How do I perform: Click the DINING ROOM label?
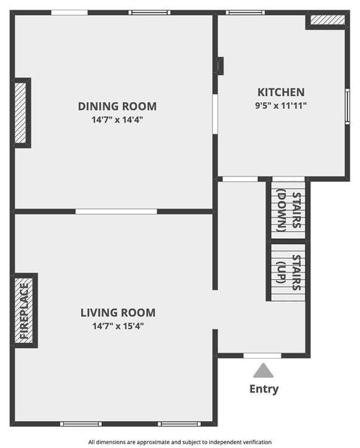(x=117, y=107)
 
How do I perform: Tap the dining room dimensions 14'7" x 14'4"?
(x=117, y=120)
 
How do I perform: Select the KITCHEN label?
(x=281, y=92)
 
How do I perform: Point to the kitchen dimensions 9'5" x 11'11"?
(x=280, y=106)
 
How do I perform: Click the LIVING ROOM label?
(x=118, y=313)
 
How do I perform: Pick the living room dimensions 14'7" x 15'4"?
(x=118, y=326)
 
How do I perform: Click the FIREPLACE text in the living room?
(x=24, y=311)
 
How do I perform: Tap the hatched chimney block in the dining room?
(x=20, y=113)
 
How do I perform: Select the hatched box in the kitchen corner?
(x=328, y=20)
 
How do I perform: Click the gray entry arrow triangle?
(x=263, y=371)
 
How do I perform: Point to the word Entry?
(x=264, y=389)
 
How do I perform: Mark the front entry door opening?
(x=262, y=356)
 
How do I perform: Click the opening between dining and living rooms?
(x=116, y=212)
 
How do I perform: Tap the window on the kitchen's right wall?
(x=347, y=107)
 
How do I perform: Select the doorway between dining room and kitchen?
(x=215, y=114)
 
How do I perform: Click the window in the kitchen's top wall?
(x=245, y=13)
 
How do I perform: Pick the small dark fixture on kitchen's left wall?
(x=220, y=66)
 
